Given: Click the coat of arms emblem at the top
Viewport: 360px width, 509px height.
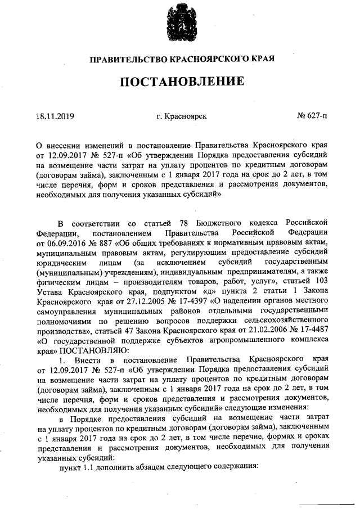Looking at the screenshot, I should (x=180, y=23).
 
